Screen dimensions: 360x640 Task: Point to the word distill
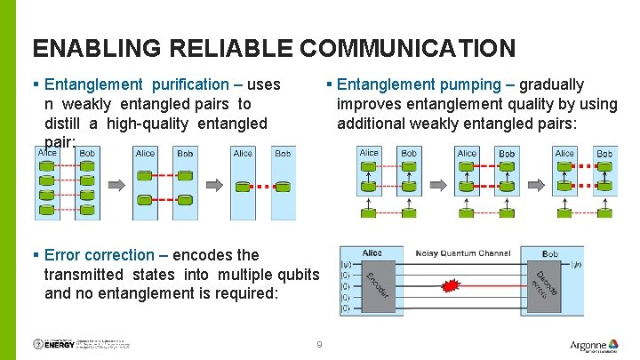tap(67, 124)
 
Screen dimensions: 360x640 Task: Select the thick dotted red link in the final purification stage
tap(262, 187)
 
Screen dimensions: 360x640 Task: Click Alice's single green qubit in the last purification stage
tap(243, 187)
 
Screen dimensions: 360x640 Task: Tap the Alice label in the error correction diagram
tap(372, 254)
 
